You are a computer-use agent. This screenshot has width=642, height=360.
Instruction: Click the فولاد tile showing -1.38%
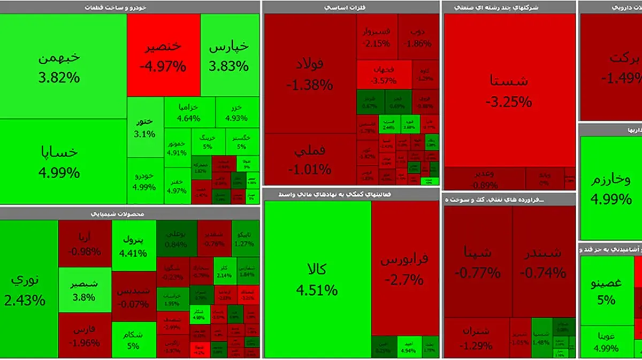(310, 74)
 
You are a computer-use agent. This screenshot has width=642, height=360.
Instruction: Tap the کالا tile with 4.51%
(317, 278)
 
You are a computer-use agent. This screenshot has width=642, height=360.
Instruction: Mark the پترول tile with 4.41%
(134, 244)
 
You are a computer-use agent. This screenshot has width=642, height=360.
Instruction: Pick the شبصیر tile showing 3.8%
(85, 289)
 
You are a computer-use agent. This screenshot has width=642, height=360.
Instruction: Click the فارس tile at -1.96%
(85, 335)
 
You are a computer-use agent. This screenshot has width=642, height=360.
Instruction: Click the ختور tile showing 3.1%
(145, 127)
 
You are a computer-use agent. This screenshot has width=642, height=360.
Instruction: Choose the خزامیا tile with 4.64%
(189, 112)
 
